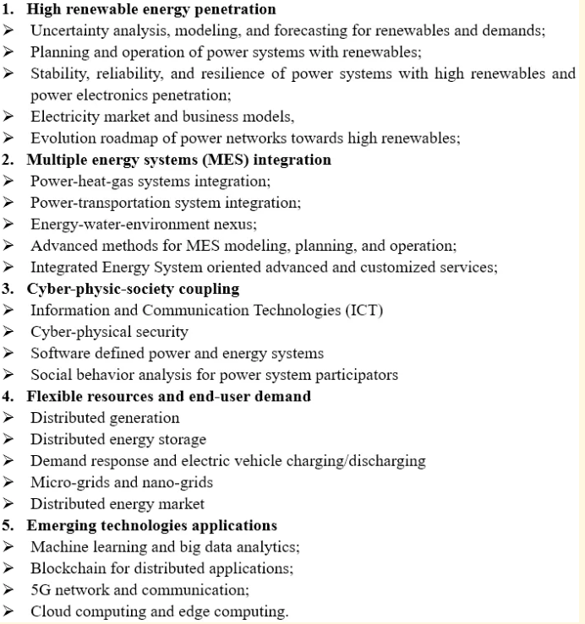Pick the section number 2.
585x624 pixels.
(x=8, y=160)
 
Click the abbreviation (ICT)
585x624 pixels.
(x=364, y=311)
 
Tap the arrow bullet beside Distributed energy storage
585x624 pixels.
(x=8, y=440)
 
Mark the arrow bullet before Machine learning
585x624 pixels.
(x=8, y=547)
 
